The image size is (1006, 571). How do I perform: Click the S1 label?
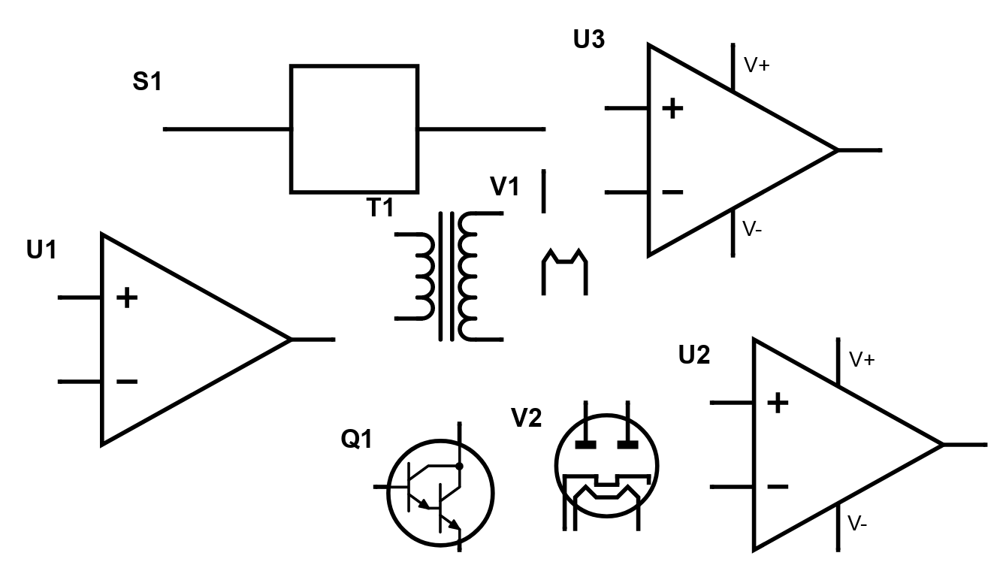click(x=147, y=82)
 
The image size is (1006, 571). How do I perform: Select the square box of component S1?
click(x=354, y=128)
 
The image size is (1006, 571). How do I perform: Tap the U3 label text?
click(x=588, y=40)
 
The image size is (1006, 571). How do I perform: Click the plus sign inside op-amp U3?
click(x=672, y=109)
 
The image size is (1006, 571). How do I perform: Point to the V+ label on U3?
click(x=757, y=65)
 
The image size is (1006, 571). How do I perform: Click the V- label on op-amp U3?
click(x=754, y=229)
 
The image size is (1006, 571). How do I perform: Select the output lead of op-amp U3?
click(x=859, y=150)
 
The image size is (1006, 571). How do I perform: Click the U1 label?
click(x=42, y=250)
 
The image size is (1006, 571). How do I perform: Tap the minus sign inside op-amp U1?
click(x=126, y=382)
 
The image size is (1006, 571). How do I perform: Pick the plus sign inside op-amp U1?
click(x=126, y=298)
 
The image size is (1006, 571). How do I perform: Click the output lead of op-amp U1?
click(x=313, y=340)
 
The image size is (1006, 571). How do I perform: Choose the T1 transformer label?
click(x=380, y=208)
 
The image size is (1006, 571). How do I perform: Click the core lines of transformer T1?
click(x=447, y=276)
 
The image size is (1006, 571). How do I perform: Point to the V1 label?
click(x=504, y=186)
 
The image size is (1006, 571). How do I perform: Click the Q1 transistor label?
click(x=357, y=440)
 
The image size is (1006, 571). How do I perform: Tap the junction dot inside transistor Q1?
click(x=459, y=466)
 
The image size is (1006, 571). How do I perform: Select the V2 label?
click(x=526, y=418)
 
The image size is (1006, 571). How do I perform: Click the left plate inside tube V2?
click(x=585, y=445)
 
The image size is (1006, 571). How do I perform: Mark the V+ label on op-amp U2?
click(x=862, y=360)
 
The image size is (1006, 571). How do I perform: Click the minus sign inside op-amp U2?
click(x=778, y=487)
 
